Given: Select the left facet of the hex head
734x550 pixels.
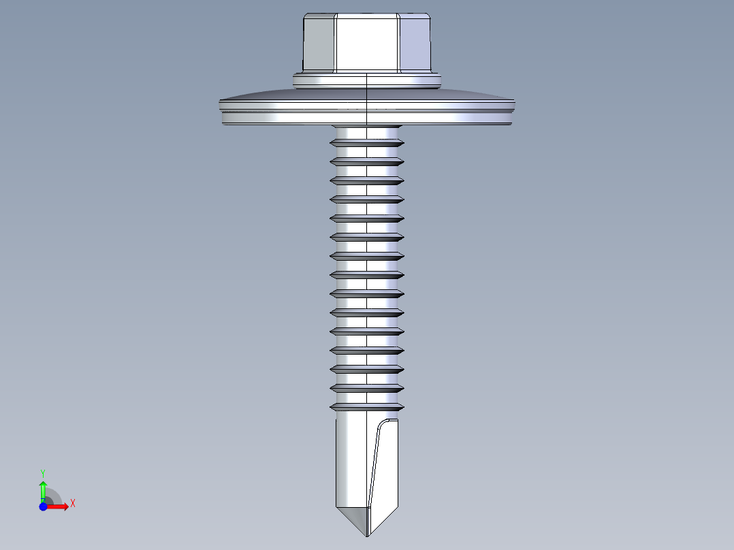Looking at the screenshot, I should tap(319, 44).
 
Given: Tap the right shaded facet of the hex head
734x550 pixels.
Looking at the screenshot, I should tap(415, 44).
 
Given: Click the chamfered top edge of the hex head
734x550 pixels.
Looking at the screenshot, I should tap(366, 15).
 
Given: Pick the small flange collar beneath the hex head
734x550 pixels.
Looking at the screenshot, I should tap(366, 82).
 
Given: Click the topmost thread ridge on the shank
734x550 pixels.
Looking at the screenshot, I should tap(366, 144).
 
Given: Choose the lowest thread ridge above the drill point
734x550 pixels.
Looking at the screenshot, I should tap(366, 406).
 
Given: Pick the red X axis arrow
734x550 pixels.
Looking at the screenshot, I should tap(59, 506).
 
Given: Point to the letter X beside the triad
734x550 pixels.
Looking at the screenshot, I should tap(72, 504).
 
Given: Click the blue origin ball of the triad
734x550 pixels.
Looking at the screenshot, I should tap(44, 507).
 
